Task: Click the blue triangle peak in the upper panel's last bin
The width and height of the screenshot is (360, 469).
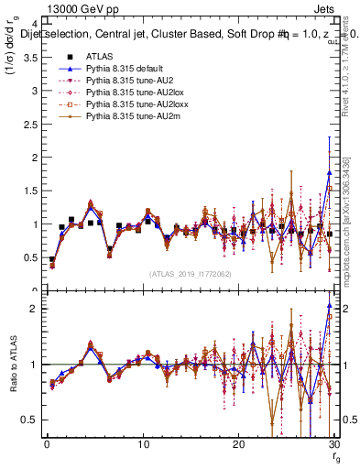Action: (x=329, y=172)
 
